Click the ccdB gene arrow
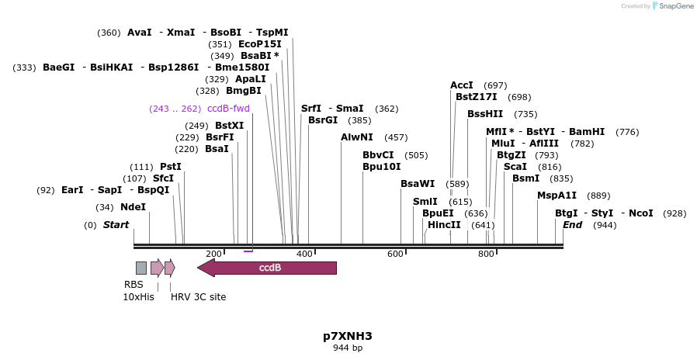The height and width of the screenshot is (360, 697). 268,268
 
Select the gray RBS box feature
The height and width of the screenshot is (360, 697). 140,268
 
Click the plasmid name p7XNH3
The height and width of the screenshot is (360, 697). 348,336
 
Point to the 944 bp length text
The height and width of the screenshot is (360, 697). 348,348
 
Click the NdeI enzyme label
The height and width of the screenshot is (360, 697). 133,207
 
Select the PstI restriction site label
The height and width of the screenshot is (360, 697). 171,167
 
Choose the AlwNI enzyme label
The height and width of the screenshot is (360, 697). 357,137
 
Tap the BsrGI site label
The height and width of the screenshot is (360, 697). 323,120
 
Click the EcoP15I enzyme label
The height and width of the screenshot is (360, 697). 260,44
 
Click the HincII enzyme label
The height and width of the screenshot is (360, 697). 444,225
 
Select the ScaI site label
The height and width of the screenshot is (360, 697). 515,167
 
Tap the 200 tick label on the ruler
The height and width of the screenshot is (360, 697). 213,254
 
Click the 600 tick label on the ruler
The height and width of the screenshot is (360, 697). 395,254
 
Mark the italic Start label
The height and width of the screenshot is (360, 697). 116,225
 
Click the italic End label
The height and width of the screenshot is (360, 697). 572,225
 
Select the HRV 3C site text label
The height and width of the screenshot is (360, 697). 199,296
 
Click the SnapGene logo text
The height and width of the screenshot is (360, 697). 674,6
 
